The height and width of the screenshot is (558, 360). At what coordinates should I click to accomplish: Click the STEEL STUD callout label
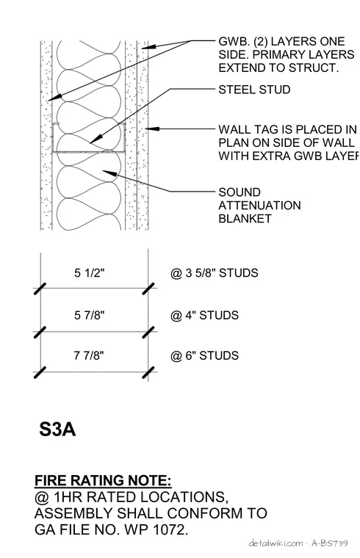click(x=254, y=90)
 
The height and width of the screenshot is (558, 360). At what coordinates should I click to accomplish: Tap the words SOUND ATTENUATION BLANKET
click(x=259, y=206)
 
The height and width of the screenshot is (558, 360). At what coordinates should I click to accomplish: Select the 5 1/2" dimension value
click(x=90, y=273)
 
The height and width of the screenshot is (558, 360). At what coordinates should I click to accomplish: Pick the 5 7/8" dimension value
click(x=90, y=315)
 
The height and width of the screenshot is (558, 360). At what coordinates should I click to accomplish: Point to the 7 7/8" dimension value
click(x=89, y=355)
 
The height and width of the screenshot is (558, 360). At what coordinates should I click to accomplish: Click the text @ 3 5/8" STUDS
click(x=215, y=273)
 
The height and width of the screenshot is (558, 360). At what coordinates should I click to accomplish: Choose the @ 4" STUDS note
click(x=204, y=315)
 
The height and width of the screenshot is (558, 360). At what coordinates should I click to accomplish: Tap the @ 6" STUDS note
click(x=204, y=355)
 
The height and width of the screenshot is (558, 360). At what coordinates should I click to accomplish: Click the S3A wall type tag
click(x=57, y=430)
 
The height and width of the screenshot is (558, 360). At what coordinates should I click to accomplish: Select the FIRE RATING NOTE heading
click(x=103, y=480)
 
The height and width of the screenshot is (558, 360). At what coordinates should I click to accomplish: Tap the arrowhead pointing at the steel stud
click(x=95, y=139)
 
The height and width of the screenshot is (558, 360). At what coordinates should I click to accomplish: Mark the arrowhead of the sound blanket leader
click(x=109, y=173)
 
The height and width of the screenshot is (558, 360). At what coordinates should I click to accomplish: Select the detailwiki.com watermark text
click(x=276, y=543)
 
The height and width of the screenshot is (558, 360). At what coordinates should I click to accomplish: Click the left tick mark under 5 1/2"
click(x=40, y=289)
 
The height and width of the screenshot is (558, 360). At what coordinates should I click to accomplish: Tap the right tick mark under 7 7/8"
click(x=148, y=372)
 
